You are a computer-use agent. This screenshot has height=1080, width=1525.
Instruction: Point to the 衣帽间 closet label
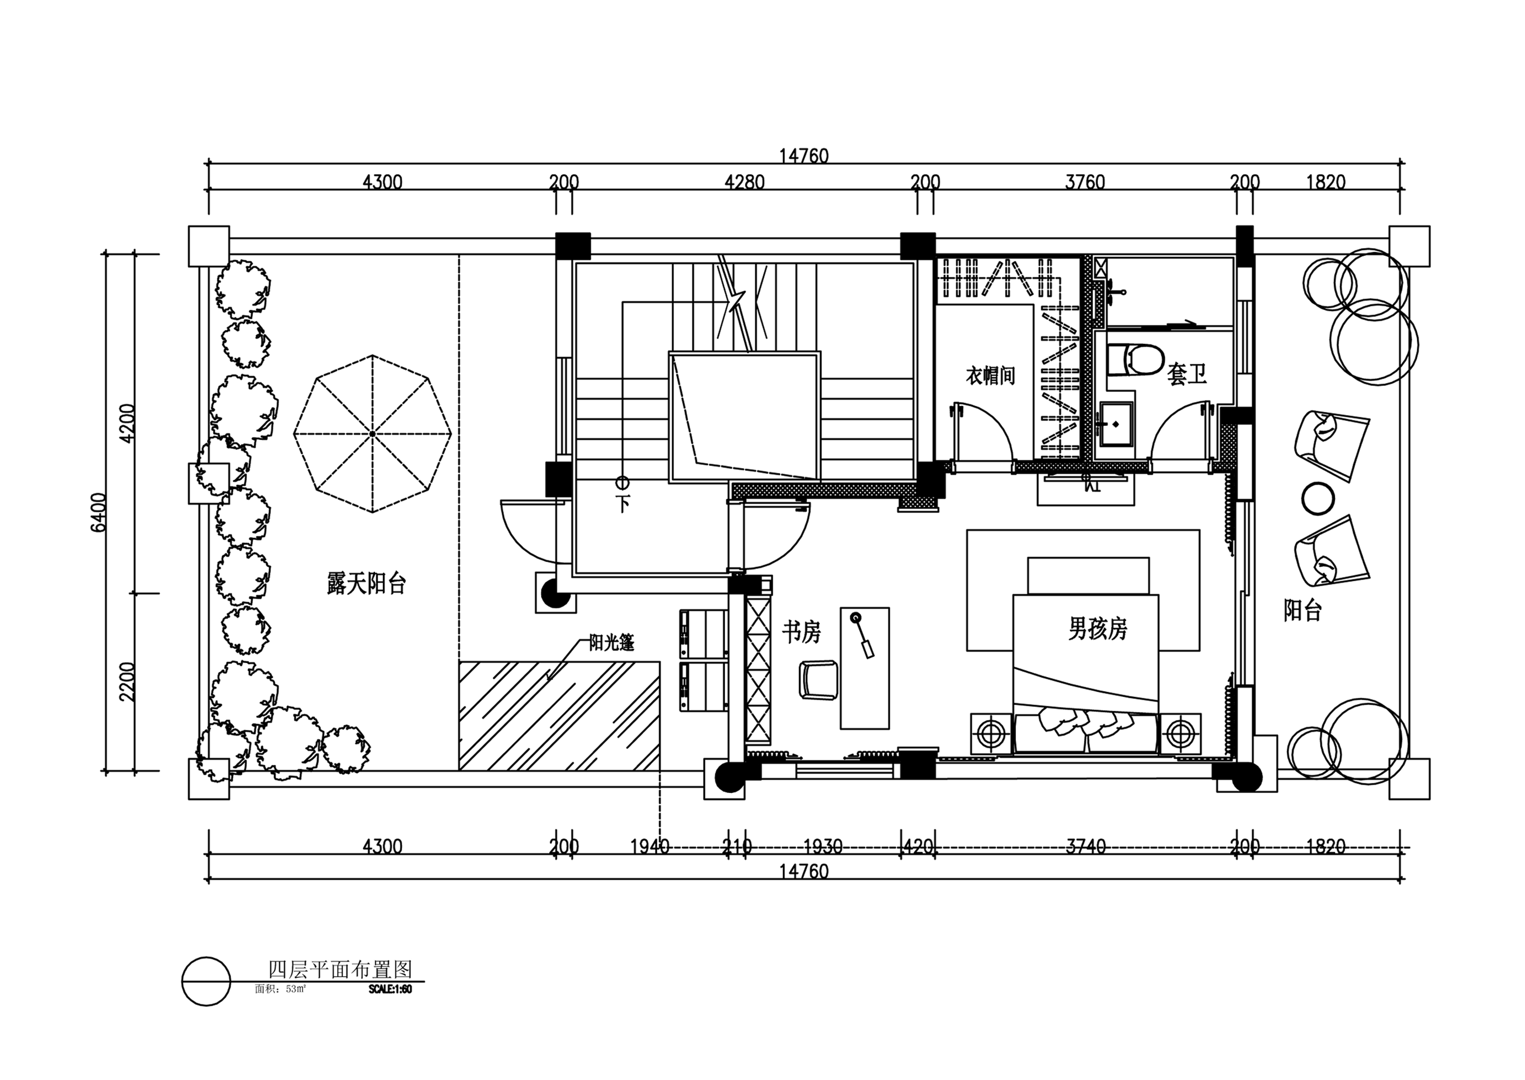click(x=990, y=376)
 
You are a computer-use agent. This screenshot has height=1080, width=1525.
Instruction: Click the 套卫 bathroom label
click(x=1187, y=375)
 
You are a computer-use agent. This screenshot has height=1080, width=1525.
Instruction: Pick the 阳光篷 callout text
click(x=612, y=642)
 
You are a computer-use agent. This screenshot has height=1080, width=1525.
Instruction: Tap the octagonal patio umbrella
click(x=373, y=433)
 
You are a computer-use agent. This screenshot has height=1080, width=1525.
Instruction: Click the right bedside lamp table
click(x=1181, y=734)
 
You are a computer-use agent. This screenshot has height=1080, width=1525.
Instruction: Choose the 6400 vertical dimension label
click(x=98, y=512)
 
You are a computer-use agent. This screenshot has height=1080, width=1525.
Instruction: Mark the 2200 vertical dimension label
click(x=127, y=682)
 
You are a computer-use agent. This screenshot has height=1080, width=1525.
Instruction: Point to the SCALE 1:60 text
click(x=391, y=989)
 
